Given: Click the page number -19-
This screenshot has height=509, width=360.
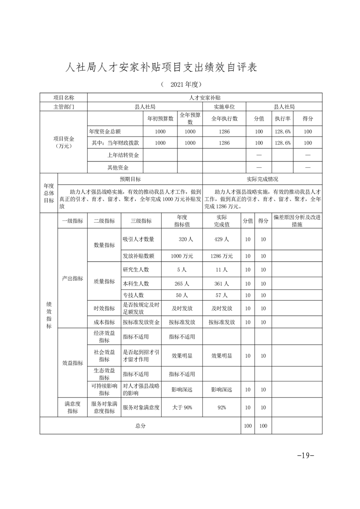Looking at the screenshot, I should [x=305, y=455].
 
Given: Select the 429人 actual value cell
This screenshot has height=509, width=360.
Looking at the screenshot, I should [x=222, y=239].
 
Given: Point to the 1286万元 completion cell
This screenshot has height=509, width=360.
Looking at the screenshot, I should [x=222, y=256].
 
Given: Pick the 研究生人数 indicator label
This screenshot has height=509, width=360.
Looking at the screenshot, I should [x=136, y=269].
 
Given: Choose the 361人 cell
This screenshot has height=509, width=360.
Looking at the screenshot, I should [x=222, y=284].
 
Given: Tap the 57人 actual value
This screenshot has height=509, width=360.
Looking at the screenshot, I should [x=222, y=295].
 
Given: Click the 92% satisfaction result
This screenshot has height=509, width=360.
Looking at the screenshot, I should [x=222, y=407].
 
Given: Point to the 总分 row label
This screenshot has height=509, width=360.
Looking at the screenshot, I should [x=140, y=426].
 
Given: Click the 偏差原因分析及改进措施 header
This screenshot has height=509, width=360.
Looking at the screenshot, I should [x=297, y=220].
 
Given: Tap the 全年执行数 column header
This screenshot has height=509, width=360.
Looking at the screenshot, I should [x=225, y=118].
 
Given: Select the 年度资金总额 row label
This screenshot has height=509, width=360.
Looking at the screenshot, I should [x=105, y=131].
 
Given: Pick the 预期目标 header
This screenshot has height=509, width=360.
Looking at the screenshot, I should [x=130, y=179].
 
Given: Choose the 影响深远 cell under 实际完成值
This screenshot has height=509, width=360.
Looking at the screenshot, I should [x=222, y=389].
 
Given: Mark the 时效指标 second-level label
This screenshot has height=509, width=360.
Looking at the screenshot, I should [x=104, y=308].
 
